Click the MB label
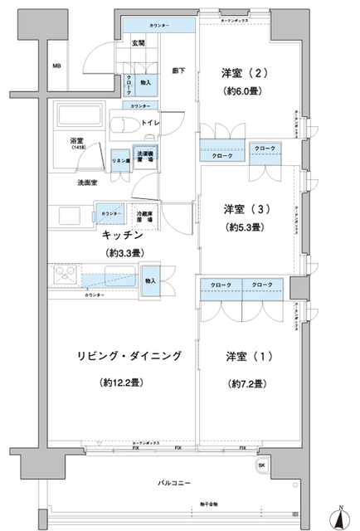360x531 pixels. tap(56, 66)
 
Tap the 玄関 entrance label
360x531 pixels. tap(138, 43)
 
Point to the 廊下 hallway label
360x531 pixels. tap(178, 71)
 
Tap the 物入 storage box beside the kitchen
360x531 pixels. tap(150, 280)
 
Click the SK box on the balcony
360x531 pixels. tap(264, 464)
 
